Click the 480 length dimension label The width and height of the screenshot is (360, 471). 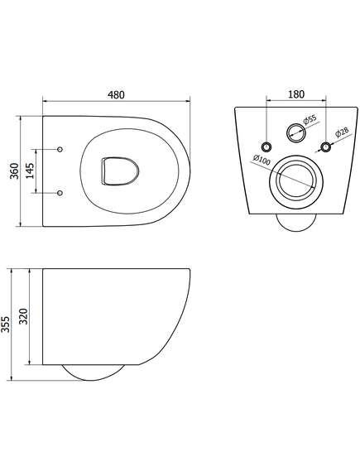click(116, 94)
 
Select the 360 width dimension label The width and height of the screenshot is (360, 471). click(14, 171)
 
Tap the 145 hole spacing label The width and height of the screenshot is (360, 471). click(30, 171)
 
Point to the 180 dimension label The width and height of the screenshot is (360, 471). click(296, 94)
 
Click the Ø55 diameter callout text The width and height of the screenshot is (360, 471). click(310, 119)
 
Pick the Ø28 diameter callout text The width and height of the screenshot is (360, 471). click(342, 132)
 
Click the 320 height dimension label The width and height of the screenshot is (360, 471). click(25, 316)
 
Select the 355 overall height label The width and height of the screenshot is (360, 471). click(6, 324)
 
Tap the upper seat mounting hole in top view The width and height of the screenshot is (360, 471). click(60, 149)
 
